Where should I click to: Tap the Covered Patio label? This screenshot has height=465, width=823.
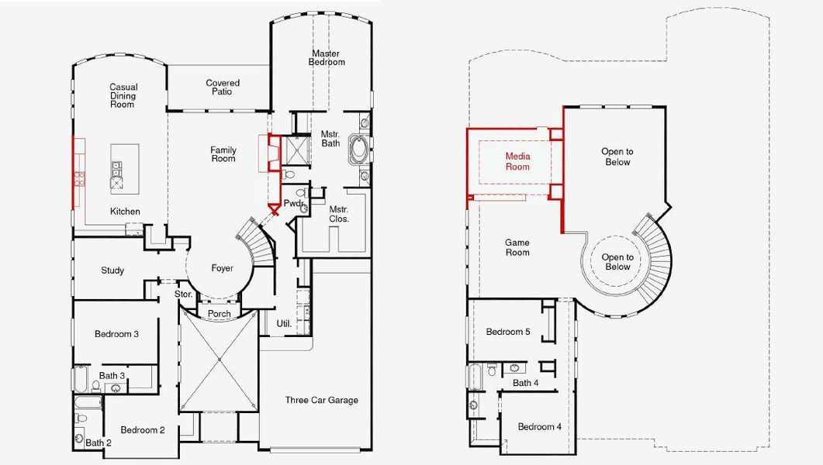tap(223, 87)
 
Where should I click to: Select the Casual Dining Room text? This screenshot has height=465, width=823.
tap(123, 96)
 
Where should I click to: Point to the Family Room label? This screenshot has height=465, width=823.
tap(223, 154)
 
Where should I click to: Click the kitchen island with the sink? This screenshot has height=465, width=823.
tap(118, 167)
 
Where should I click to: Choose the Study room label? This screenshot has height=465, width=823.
tap(112, 270)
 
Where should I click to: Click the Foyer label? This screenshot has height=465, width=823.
tap(223, 268)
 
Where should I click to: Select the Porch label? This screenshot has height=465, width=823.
tap(220, 314)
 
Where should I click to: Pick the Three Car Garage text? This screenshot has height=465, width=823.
tap(321, 400)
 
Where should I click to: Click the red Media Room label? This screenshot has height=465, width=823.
tap(517, 161)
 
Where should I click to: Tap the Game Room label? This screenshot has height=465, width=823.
tap(517, 247)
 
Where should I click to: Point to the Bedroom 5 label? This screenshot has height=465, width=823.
tap(508, 332)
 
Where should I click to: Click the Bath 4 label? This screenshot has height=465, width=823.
tap(526, 383)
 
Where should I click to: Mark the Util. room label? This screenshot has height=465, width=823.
tap(285, 323)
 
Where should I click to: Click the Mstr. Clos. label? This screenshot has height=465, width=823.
tap(338, 214)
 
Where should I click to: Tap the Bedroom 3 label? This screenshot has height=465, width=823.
tap(117, 334)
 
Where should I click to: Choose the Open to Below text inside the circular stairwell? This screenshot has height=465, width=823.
tap(617, 262)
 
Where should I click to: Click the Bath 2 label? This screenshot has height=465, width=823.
tap(99, 443)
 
